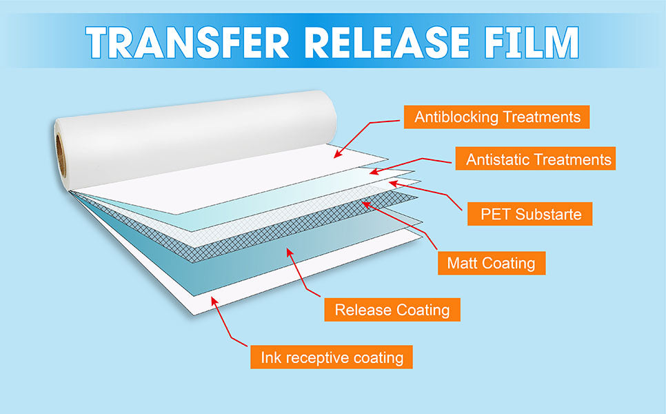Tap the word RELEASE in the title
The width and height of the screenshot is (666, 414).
tap(378, 43)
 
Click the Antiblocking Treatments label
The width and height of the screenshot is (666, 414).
tap(497, 117)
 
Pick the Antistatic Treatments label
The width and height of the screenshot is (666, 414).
tap(538, 159)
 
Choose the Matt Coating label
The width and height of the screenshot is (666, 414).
tap(491, 263)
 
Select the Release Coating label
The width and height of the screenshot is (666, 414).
tap(392, 310)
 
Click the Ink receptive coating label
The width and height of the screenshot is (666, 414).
tap(331, 357)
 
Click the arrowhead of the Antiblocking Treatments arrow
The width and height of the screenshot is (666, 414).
tap(336, 155)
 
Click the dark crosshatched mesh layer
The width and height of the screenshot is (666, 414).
tap(290, 221)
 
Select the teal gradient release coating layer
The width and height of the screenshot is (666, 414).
tap(228, 262)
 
